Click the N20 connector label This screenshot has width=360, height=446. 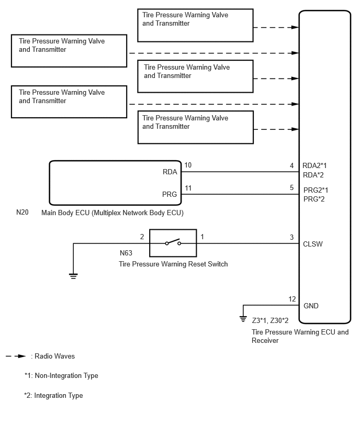pos(22,212)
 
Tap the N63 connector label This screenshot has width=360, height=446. pos(126,253)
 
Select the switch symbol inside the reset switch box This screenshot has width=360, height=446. pos(173,242)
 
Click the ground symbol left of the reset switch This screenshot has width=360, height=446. pos(73,276)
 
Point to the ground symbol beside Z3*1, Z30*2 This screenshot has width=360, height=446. pos(243,319)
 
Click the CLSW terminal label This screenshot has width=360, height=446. pos(313,244)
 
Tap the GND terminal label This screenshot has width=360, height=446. pos(311,306)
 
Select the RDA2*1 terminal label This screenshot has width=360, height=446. pos(314,165)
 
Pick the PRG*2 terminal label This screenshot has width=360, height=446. pos(314,199)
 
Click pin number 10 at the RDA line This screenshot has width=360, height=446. pos(188,165)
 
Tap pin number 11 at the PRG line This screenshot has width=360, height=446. pos(188,188)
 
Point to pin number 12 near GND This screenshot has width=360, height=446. pos(292,299)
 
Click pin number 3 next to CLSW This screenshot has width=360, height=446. pos(292,237)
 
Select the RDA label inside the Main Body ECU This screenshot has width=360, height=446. pos(170,172)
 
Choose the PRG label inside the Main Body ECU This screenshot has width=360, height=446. pos(170,194)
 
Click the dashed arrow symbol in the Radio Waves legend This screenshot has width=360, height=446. pos(16,356)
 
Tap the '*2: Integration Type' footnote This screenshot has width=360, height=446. pos(53,395)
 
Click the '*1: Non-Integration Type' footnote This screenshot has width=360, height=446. pos(61,375)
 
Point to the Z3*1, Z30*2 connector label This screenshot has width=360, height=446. pos(270,320)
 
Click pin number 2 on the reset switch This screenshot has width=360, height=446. pos(142,237)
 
